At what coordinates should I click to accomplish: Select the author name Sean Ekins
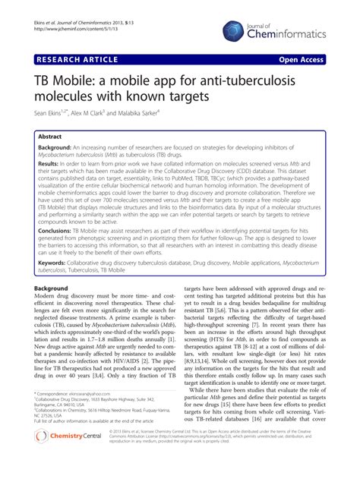tap(47, 112)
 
